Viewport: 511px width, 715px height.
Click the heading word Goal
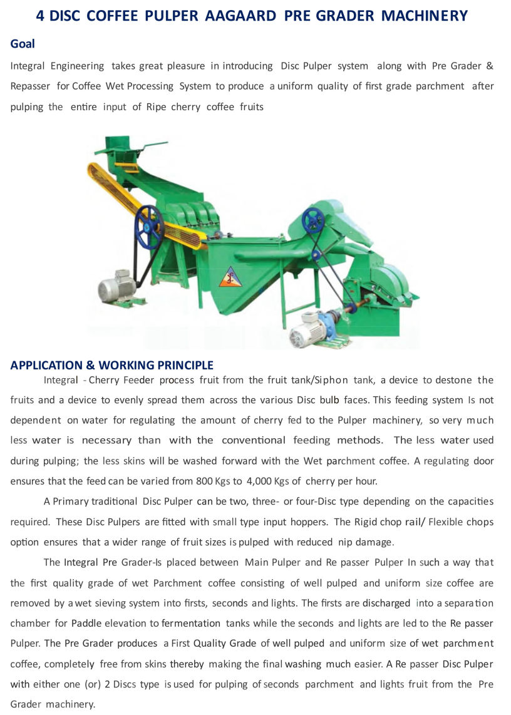tap(23, 44)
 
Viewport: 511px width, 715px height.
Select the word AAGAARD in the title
tap(241, 16)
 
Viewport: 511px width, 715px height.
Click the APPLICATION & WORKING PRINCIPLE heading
tap(111, 365)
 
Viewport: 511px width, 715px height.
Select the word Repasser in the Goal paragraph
tap(30, 86)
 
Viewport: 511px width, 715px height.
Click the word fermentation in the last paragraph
tap(191, 623)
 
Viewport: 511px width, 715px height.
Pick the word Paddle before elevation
tap(86, 623)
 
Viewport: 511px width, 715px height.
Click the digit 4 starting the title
tap(40, 16)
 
